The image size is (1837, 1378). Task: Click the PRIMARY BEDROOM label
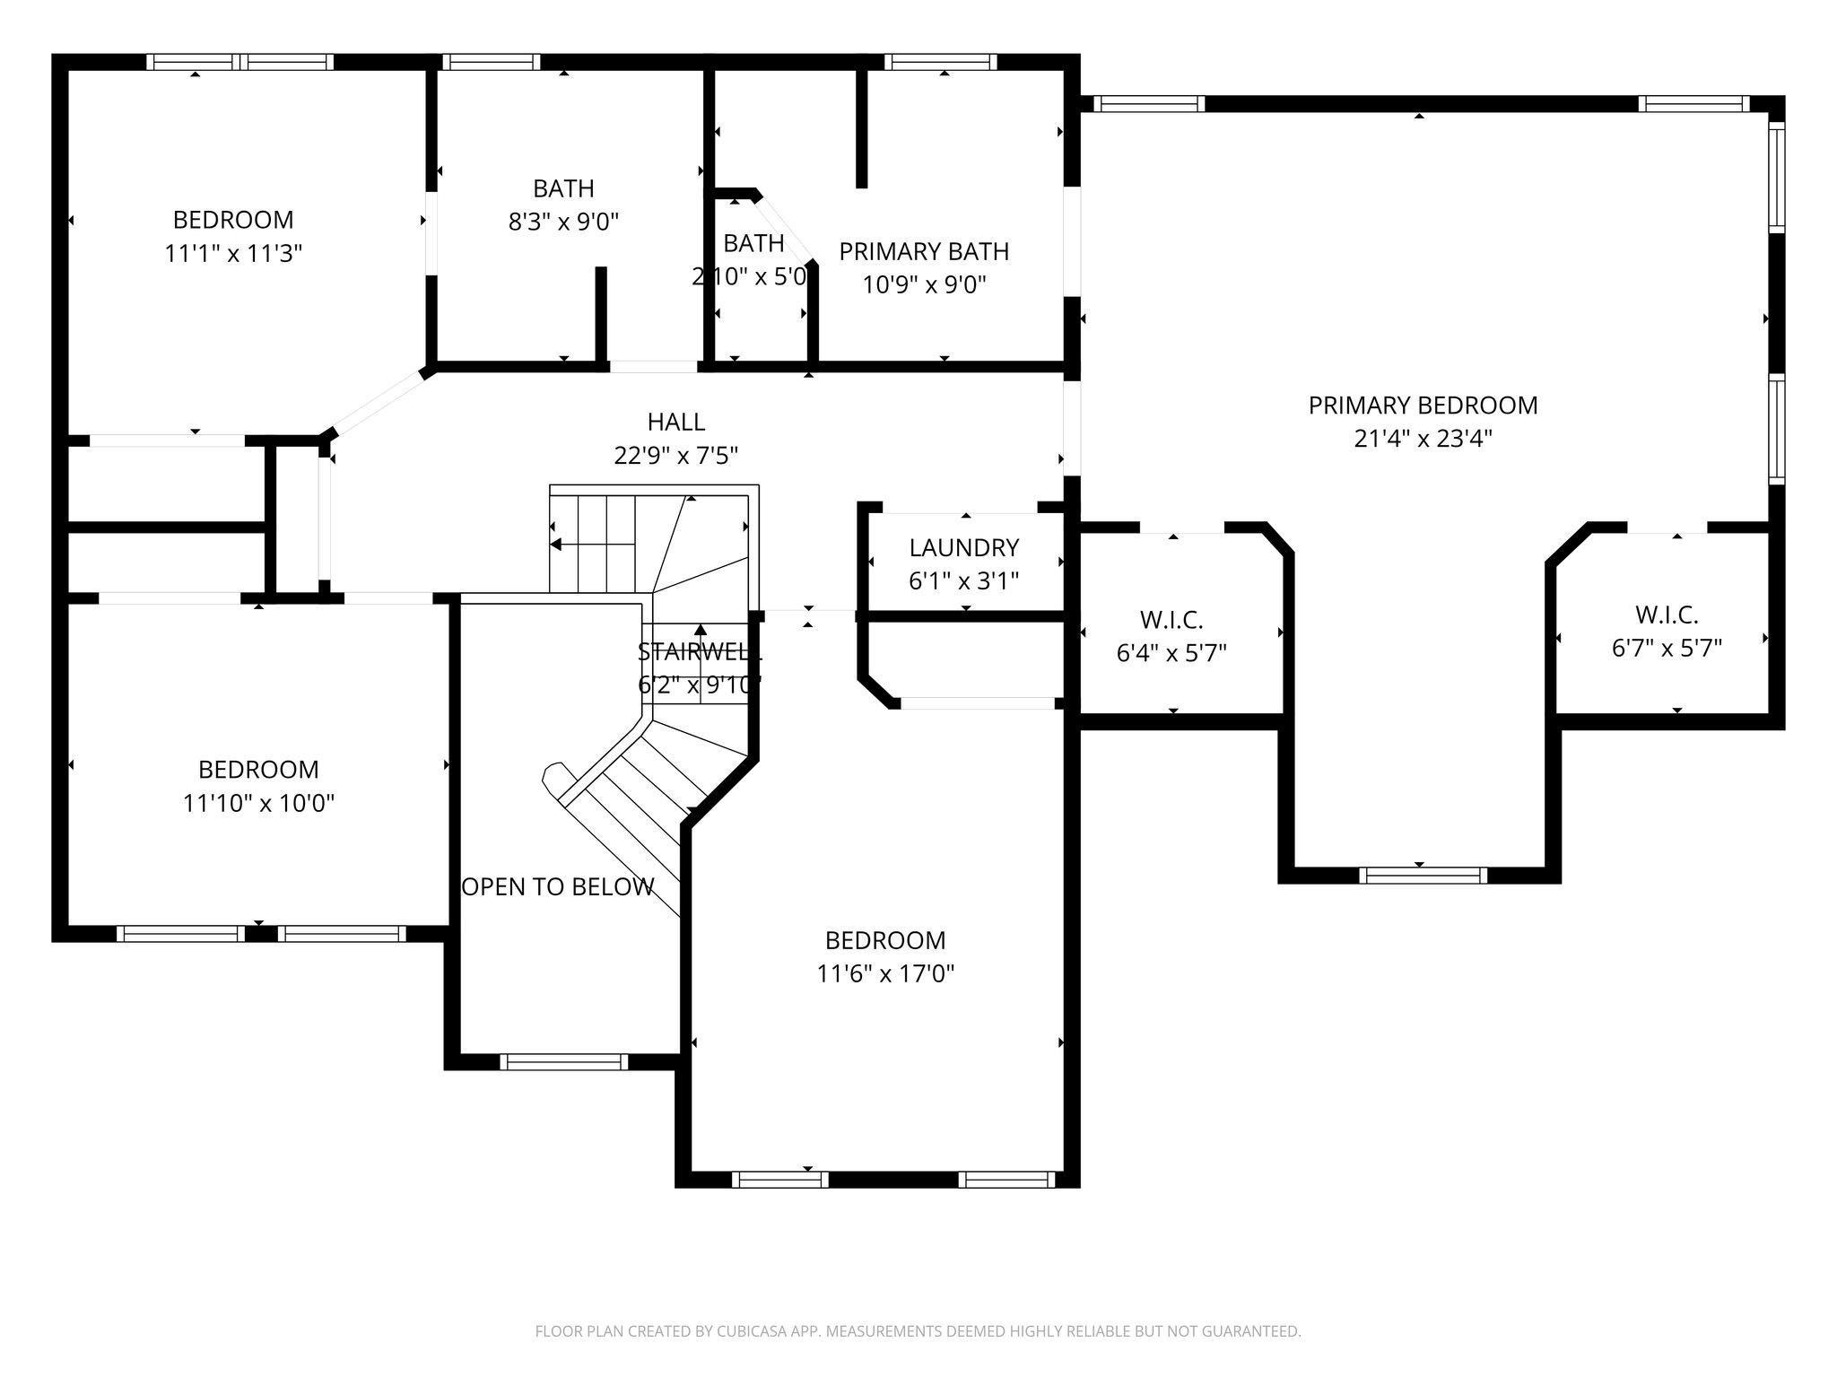click(1423, 406)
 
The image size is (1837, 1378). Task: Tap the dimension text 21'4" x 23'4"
click(1423, 439)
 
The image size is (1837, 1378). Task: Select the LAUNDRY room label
click(963, 548)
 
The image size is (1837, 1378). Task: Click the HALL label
click(675, 422)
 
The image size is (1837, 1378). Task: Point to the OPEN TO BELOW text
click(558, 887)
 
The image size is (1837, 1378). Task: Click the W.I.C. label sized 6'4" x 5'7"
click(1171, 620)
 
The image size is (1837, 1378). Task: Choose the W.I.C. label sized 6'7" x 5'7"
click(1666, 615)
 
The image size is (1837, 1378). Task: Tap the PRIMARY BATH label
click(924, 252)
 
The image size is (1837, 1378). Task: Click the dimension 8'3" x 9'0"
click(563, 222)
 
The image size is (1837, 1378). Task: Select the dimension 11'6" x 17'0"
click(885, 973)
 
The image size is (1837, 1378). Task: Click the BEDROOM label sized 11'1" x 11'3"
click(233, 220)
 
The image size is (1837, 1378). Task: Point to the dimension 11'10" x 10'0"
click(258, 803)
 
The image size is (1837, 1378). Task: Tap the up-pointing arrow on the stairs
click(700, 630)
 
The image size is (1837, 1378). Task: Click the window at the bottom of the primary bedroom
click(1423, 875)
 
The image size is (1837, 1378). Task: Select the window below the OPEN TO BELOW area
click(563, 1062)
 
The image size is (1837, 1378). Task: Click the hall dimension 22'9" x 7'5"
click(675, 456)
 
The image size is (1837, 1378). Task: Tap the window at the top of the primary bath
click(940, 62)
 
